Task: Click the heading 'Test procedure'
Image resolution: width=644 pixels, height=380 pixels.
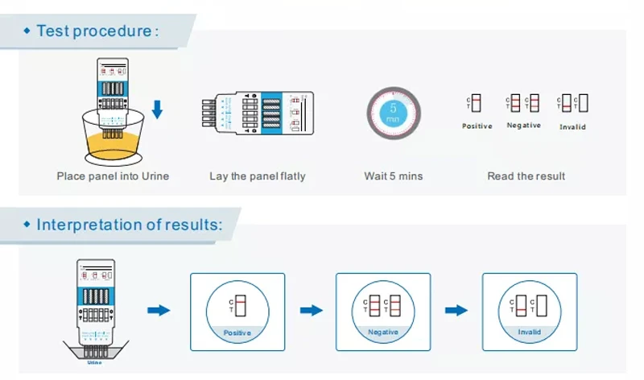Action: coord(95,31)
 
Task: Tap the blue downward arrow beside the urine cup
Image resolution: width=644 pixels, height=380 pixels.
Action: coord(157,109)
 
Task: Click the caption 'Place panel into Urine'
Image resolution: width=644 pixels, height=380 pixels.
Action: coord(113,176)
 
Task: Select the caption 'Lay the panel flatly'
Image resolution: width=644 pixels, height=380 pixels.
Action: coord(258,176)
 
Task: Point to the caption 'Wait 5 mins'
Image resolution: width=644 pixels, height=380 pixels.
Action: coord(394,176)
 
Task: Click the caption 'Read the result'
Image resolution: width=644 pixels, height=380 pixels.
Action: coord(526,176)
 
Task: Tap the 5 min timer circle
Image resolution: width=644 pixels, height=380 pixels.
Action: coord(394,113)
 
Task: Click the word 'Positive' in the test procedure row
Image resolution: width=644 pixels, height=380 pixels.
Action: coord(477,126)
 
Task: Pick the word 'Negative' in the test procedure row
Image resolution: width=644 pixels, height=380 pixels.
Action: coord(523,126)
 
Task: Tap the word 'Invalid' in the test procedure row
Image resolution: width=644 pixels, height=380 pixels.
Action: coord(572,126)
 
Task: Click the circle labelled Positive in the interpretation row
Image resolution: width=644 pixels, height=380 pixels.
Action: coord(237,311)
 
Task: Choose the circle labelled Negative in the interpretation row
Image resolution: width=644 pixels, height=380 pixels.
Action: coord(383,311)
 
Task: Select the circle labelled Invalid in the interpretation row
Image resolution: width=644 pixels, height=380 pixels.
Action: coord(529,311)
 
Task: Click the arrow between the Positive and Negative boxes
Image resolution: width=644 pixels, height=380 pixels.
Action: coord(311,310)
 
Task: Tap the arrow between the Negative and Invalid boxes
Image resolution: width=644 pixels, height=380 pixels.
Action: coord(456,310)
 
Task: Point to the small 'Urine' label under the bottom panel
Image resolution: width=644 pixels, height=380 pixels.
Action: coord(95,362)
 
